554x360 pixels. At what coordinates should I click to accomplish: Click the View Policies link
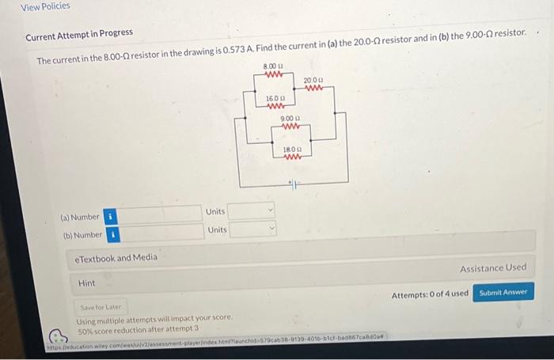pos(45,6)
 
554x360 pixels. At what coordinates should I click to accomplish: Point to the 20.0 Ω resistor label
pos(314,80)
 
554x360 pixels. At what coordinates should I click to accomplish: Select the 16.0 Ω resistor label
pos(275,97)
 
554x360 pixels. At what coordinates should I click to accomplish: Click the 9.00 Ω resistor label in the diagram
pos(290,118)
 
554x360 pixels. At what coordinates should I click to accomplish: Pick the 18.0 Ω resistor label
pos(292,148)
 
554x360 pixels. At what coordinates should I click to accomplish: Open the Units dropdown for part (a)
pos(252,210)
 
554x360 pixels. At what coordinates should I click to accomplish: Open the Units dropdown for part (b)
pos(252,229)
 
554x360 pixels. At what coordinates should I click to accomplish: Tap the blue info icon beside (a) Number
pos(111,216)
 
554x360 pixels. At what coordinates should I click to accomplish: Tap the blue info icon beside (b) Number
pos(113,235)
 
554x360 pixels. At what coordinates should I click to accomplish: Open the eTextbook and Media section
pos(116,257)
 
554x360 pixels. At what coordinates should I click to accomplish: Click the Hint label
pos(86,282)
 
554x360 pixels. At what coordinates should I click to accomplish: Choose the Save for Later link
pos(97,307)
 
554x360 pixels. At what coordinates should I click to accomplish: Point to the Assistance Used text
pos(492,268)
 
